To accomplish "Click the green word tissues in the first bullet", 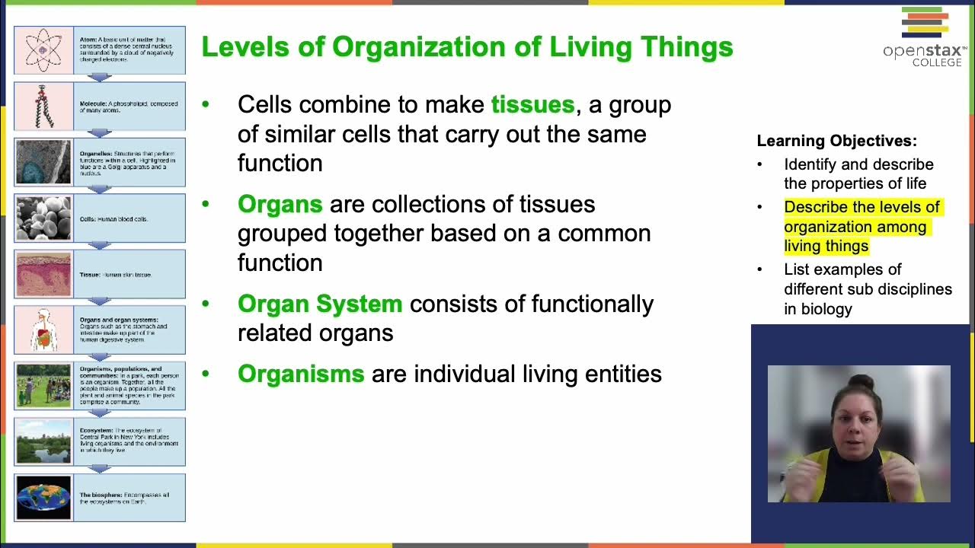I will pyautogui.click(x=532, y=104).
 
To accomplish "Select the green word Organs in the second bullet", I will pyautogui.click(x=280, y=204).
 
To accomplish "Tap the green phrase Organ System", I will pyautogui.click(x=319, y=304).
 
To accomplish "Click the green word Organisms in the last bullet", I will pyautogui.click(x=301, y=374).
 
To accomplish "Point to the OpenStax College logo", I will pyautogui.click(x=925, y=37).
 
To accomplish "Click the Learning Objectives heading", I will pyautogui.click(x=836, y=141).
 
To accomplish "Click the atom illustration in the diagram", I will pyautogui.click(x=43, y=49).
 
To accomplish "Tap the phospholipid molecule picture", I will pyautogui.click(x=43, y=106).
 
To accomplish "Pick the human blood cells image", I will pyautogui.click(x=43, y=218).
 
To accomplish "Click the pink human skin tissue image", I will pyautogui.click(x=43, y=274).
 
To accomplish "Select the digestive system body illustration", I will pyautogui.click(x=43, y=330).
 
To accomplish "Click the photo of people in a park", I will pyautogui.click(x=43, y=385).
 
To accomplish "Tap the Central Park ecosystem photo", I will pyautogui.click(x=43, y=441).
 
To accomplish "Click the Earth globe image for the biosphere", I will pyautogui.click(x=43, y=498).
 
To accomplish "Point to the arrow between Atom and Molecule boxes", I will pyautogui.click(x=99, y=78).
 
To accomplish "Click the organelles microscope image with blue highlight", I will pyautogui.click(x=43, y=162).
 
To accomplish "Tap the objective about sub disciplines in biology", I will pyautogui.click(x=867, y=289).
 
